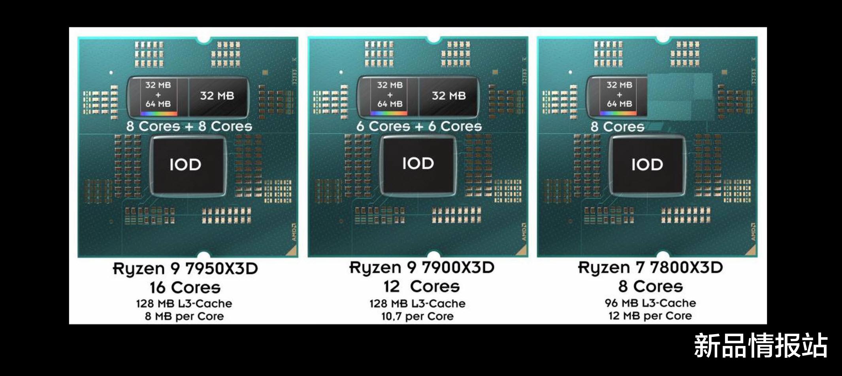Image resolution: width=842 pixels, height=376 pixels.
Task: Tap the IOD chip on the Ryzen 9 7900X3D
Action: (x=418, y=164)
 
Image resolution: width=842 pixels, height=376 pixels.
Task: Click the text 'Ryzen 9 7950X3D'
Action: (x=185, y=269)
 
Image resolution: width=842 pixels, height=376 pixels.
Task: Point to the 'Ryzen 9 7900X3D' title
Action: (x=422, y=268)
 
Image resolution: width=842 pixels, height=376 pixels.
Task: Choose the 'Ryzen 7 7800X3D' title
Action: (x=650, y=268)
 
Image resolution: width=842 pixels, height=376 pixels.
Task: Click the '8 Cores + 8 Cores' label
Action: (x=189, y=126)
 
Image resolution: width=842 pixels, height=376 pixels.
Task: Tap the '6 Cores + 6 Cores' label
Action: (x=419, y=126)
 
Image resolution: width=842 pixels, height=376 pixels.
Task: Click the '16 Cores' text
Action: (x=185, y=288)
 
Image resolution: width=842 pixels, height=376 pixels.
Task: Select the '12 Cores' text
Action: (x=422, y=286)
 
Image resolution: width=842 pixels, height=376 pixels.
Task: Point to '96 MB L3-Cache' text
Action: (x=650, y=303)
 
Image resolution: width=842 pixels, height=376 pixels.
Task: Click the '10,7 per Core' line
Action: (x=417, y=316)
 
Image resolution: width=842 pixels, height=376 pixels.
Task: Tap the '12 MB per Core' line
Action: (x=650, y=316)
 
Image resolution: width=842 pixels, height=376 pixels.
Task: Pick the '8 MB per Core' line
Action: (x=185, y=316)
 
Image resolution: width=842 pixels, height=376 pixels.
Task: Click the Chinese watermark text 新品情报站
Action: (x=761, y=345)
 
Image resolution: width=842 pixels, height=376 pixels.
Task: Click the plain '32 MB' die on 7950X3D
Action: (x=217, y=96)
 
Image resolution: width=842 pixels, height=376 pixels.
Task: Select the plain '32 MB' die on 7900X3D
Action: (x=448, y=96)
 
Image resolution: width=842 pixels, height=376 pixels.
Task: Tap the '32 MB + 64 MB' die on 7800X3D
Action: (x=619, y=95)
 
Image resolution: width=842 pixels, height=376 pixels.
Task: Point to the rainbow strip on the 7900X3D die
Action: (x=388, y=113)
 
